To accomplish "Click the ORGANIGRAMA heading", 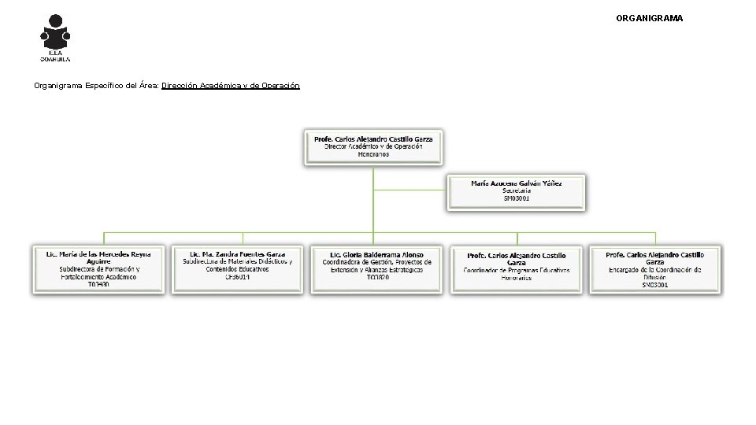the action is pos(650,17).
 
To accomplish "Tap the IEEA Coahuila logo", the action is pos(56,37).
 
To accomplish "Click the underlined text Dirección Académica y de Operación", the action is pos(230,85).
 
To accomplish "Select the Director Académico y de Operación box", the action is pos(373,146).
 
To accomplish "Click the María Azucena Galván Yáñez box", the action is pos(517,191).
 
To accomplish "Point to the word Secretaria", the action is pos(517,190).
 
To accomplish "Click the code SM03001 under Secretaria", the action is pos(517,198).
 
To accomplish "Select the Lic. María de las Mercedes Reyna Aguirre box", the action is pos(98,268).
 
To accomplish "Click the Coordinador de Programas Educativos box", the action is pos(516,268).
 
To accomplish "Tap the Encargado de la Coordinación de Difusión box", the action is pos(654,268).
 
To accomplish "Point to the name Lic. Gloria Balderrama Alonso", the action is pos(377,255).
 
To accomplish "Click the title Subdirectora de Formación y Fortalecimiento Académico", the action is pos(98,273).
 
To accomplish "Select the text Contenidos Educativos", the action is pos(237,269).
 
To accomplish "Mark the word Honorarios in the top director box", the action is pos(373,154).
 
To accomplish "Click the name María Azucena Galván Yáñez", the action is pos(517,183).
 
